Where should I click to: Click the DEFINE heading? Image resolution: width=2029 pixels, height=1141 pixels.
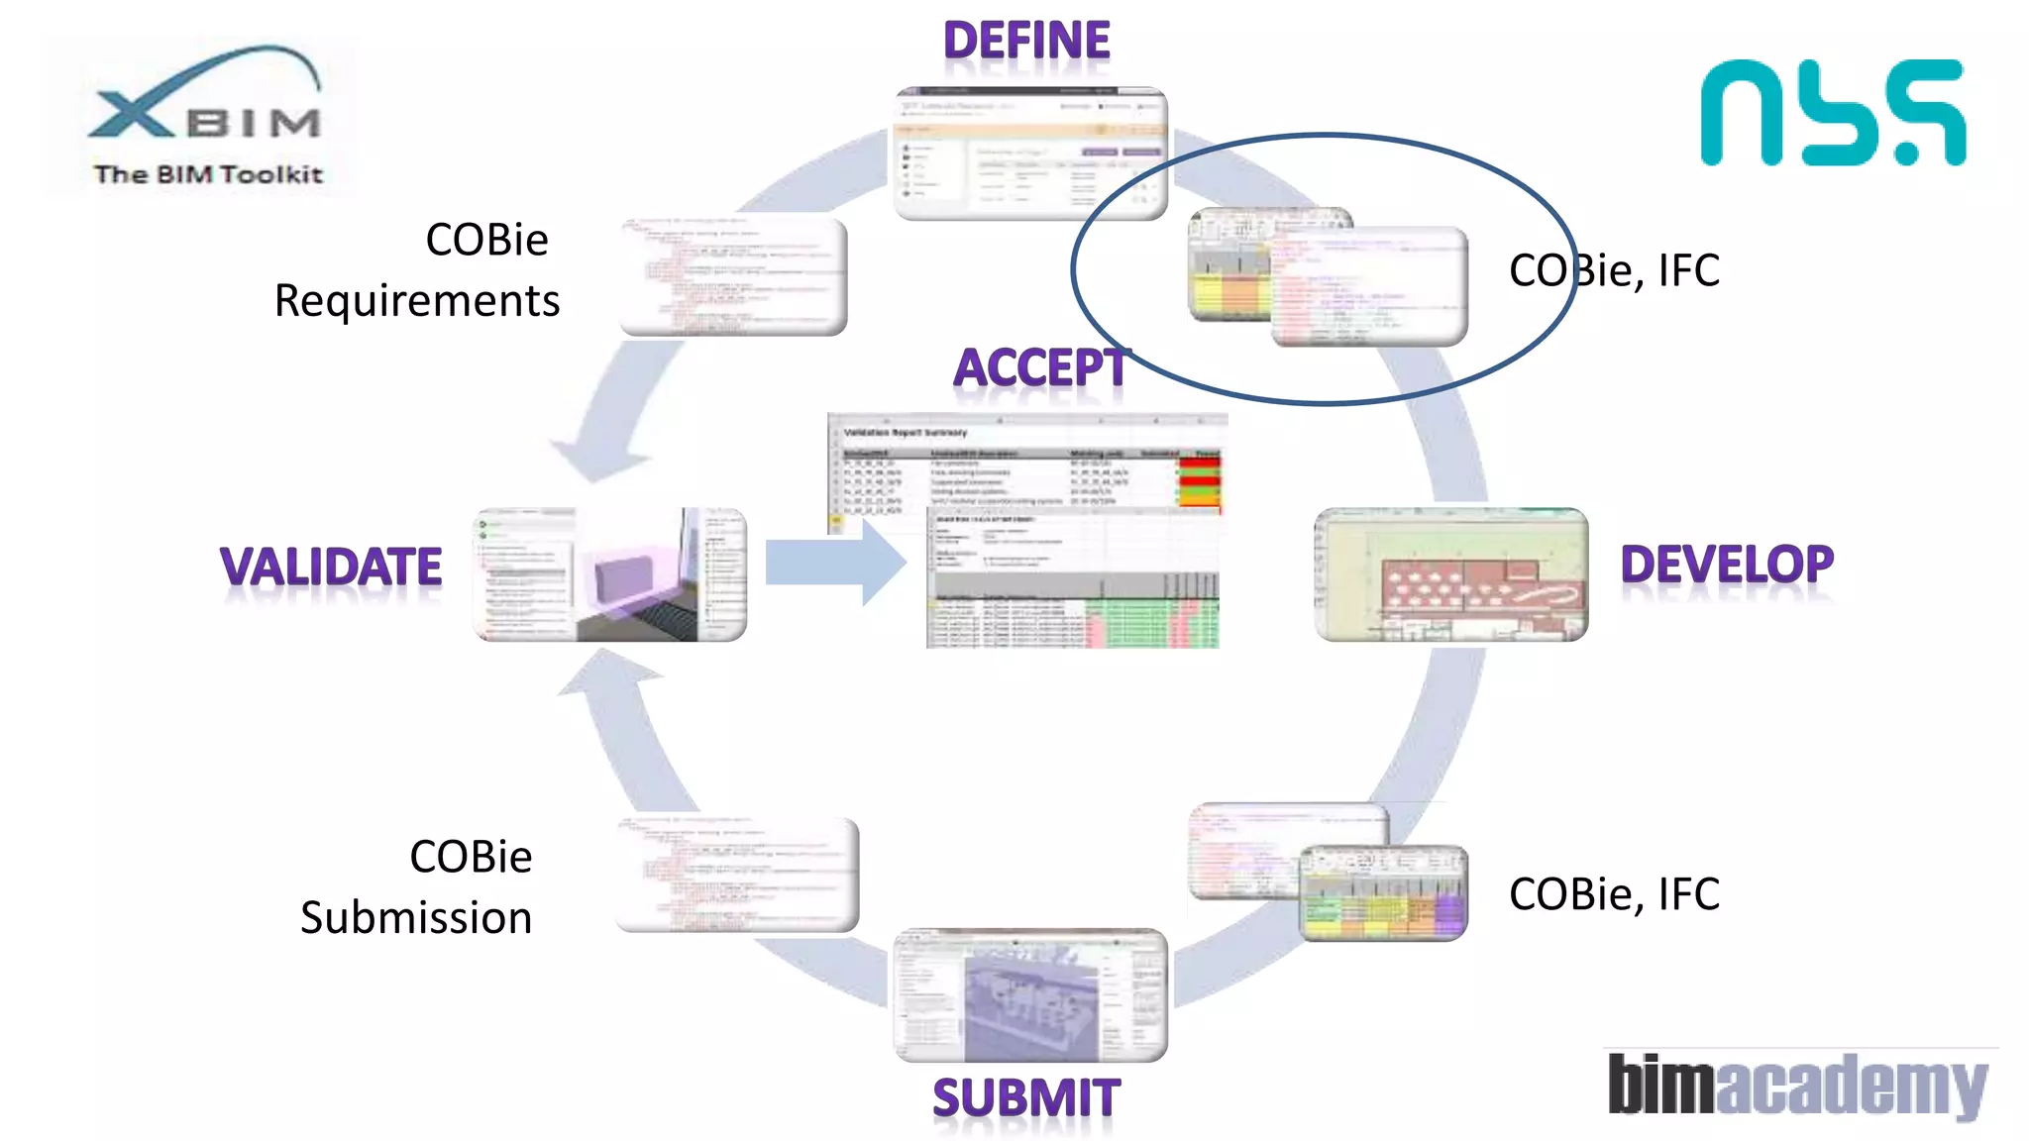pos(1026,42)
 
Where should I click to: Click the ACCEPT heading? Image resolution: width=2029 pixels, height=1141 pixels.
pos(1040,368)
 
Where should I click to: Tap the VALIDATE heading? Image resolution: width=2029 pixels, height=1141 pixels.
pos(331,568)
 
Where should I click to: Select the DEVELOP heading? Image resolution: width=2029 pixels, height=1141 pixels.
pos(1727,565)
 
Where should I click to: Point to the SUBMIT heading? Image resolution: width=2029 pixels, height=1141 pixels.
pos(1026,1098)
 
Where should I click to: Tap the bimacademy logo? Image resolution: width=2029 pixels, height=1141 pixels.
pos(1797,1085)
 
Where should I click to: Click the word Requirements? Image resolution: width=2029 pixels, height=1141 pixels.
pos(417,301)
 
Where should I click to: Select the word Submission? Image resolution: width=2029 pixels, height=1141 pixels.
pos(416,918)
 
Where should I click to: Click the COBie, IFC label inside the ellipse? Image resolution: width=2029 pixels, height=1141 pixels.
pos(1614,271)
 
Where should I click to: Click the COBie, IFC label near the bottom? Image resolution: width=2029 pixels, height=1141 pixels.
pos(1614,894)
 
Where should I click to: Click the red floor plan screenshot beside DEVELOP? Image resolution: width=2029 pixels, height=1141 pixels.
pos(1451,574)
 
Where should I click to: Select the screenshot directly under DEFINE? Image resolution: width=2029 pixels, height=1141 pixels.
pos(1030,154)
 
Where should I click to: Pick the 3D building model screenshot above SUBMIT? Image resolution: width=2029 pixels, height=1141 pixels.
pos(1030,995)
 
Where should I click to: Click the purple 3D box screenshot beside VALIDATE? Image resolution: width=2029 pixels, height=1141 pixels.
pos(610,574)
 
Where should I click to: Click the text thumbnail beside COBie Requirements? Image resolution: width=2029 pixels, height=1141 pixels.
pos(733,275)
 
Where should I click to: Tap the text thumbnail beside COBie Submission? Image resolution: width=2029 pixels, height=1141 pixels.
pos(737,875)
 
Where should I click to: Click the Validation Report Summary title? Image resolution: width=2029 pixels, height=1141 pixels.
pos(905,433)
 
